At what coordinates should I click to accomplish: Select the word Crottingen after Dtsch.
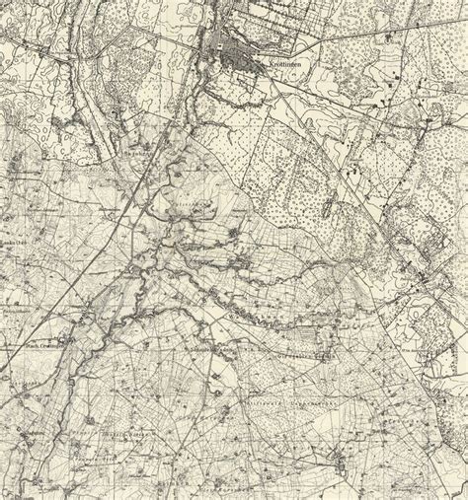[51, 346]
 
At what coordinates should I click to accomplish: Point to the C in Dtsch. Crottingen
[40, 346]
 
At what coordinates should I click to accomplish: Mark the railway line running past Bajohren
[148, 178]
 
